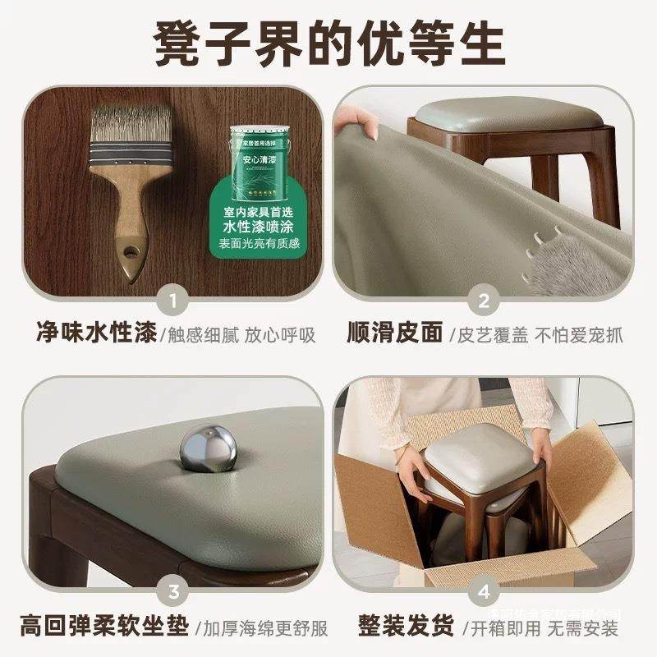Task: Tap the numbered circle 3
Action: [172, 590]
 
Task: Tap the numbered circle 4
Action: [484, 590]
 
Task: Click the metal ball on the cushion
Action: [208, 448]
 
